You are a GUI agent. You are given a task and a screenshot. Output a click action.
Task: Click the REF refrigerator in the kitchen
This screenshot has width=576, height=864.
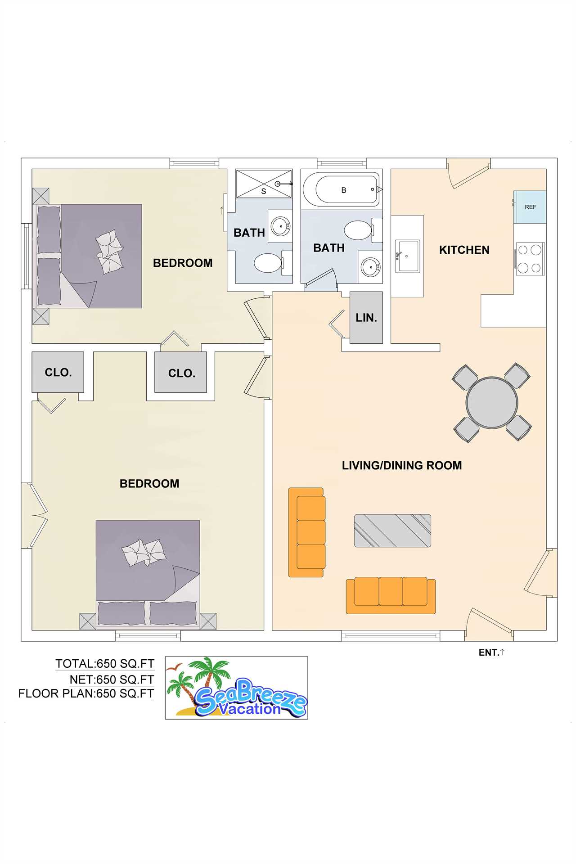pos(530,207)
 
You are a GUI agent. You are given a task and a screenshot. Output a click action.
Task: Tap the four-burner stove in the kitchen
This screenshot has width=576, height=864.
pos(529,259)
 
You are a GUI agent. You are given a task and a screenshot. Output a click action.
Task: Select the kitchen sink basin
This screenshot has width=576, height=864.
pos(408,256)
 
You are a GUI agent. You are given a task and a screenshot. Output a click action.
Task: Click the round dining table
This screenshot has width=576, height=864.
pos(492,402)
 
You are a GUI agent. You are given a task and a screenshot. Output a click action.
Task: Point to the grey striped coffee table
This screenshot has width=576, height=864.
pos(392,531)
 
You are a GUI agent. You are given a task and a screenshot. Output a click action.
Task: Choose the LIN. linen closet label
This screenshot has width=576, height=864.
pos(366,318)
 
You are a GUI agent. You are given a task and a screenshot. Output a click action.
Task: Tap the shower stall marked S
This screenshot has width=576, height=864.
pos(264,184)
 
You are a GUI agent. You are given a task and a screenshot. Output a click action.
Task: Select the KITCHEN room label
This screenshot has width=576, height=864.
pos(464,250)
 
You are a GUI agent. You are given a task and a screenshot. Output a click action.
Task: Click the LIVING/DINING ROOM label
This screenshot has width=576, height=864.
pos(402,465)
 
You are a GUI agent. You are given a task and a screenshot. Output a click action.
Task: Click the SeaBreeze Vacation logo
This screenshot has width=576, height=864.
pos(237,688)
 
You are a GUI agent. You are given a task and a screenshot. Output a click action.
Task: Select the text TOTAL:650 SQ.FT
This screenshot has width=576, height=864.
pos(105,664)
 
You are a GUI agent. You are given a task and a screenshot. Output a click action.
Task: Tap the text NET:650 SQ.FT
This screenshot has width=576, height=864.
pos(112,679)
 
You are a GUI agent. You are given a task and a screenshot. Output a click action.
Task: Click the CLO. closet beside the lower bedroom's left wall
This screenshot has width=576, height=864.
pos(58,372)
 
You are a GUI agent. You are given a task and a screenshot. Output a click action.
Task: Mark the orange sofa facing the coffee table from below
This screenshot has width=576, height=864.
pos(391,595)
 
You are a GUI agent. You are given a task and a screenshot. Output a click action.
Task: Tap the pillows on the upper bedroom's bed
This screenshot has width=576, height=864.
pos(109,252)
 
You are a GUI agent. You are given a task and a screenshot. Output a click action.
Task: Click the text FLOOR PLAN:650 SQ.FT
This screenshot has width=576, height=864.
pos(86,693)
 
